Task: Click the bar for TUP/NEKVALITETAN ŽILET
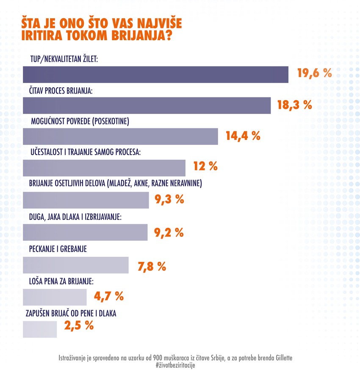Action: click(155, 74)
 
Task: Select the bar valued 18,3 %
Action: click(146, 106)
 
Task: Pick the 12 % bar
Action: click(104, 168)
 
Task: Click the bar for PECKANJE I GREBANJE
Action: click(75, 265)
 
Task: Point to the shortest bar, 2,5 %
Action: click(39, 329)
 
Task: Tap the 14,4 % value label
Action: click(243, 136)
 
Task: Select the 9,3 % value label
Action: click(169, 199)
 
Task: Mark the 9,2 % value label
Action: click(168, 232)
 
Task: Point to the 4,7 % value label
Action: click(108, 296)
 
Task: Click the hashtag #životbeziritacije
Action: click(175, 365)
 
